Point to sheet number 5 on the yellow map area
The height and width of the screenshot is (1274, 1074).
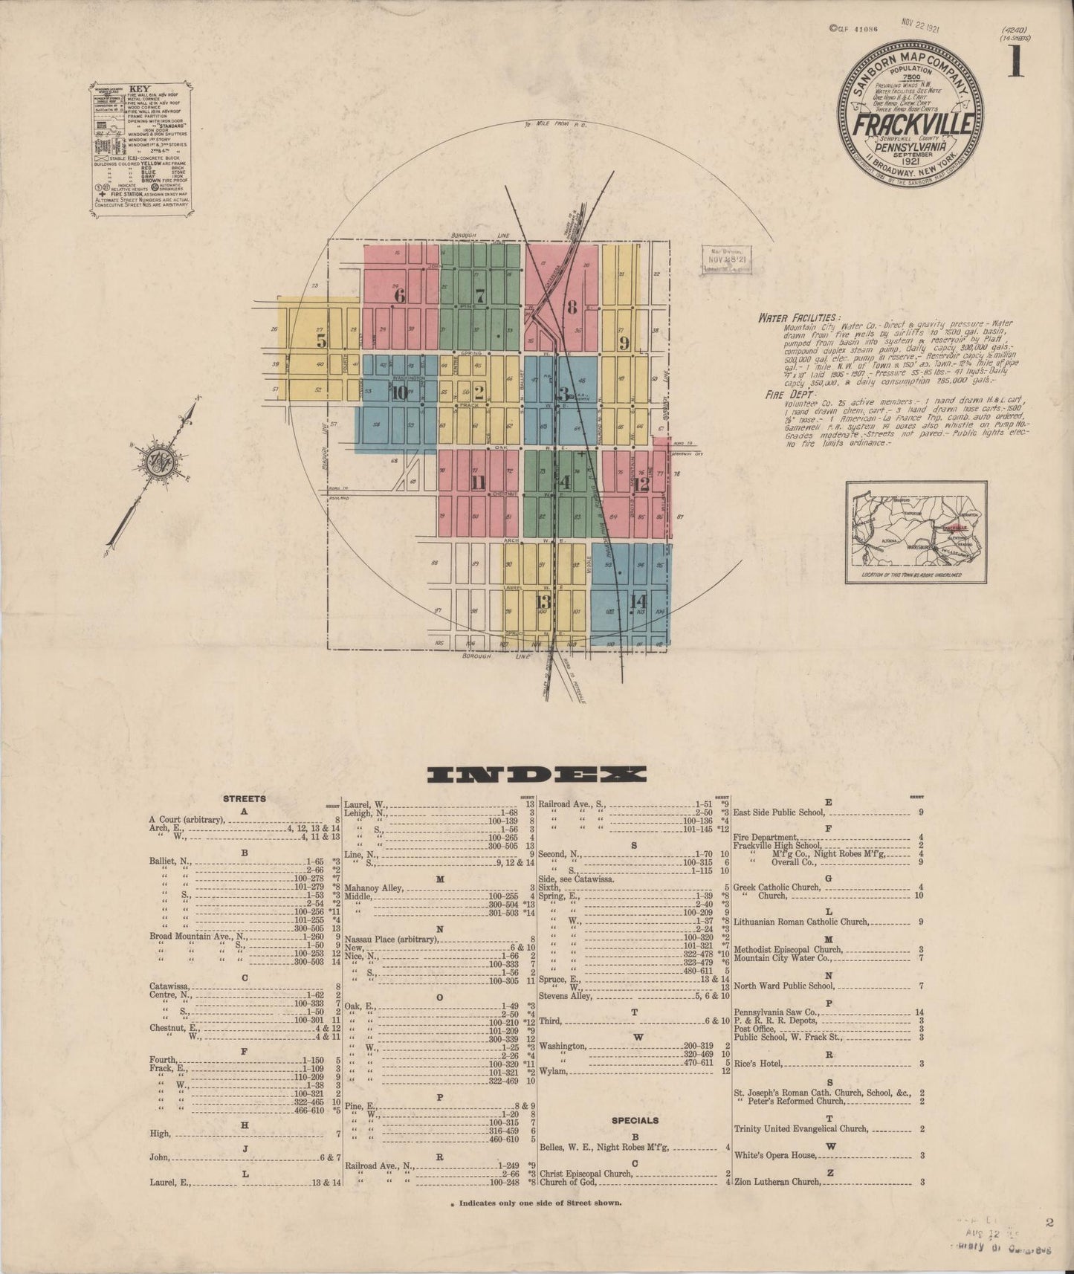(321, 341)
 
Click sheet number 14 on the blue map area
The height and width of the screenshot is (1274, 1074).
(638, 601)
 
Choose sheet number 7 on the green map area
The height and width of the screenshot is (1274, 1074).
(480, 295)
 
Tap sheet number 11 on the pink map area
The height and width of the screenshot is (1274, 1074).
(478, 482)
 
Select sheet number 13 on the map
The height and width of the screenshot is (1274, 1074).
(543, 601)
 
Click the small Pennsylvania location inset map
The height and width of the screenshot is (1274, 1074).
(916, 531)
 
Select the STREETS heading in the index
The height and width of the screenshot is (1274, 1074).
(244, 798)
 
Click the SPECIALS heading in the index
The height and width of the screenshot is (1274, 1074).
(635, 1119)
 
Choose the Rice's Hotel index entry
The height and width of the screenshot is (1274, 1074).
(758, 1064)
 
